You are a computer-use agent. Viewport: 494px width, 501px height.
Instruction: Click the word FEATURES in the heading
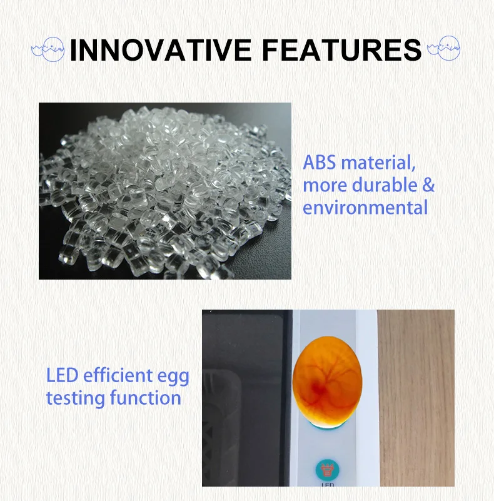point(342,50)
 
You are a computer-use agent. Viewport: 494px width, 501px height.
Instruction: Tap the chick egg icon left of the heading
point(48,49)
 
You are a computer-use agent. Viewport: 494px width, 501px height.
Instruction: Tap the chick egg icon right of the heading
point(444,48)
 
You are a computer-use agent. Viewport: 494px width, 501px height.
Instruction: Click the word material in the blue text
point(378,163)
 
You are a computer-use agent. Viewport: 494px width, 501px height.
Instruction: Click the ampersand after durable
point(428,185)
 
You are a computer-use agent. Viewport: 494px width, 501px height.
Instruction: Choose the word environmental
point(365,208)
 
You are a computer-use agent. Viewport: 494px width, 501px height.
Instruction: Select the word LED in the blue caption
point(63,375)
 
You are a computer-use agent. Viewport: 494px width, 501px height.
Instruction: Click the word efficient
point(118,375)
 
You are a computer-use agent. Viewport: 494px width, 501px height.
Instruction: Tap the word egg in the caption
point(173,377)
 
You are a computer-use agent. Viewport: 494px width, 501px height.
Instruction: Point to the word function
point(146,398)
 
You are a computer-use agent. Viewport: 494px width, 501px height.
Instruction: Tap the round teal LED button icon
point(327,470)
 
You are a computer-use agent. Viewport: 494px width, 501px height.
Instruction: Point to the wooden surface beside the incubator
point(416,398)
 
